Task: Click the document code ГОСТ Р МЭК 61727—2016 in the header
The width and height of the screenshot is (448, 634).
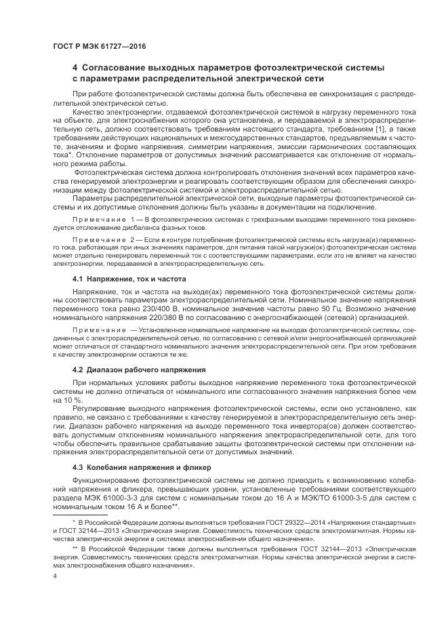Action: point(99,47)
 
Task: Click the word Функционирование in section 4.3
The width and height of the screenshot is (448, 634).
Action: point(108,481)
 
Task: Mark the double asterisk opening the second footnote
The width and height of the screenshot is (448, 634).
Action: point(75,546)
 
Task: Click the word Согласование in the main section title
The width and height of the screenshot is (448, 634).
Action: point(118,68)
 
